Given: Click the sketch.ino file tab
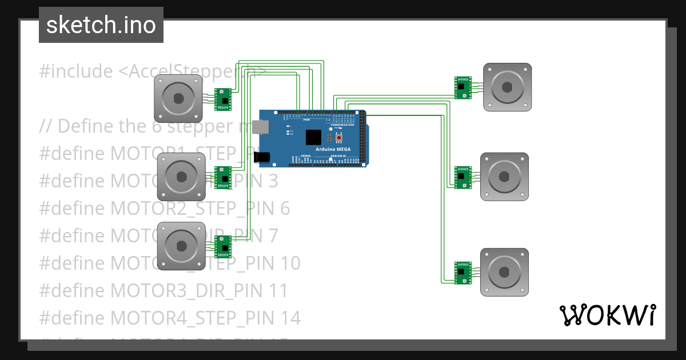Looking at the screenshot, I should [101, 25].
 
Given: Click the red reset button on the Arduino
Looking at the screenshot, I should [339, 138].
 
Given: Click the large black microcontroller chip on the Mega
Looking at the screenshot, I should [313, 138].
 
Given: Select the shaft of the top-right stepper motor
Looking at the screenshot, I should [507, 87].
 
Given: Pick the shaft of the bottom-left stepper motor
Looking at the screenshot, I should [181, 245].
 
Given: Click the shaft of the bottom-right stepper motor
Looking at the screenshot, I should [504, 271].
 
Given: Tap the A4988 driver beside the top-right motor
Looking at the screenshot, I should [462, 87].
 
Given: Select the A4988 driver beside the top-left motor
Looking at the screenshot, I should [223, 99].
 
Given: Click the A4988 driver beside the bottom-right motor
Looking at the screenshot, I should [462, 273].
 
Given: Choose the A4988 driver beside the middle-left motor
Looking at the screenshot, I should [223, 177].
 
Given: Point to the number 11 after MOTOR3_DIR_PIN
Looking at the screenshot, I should [278, 290].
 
